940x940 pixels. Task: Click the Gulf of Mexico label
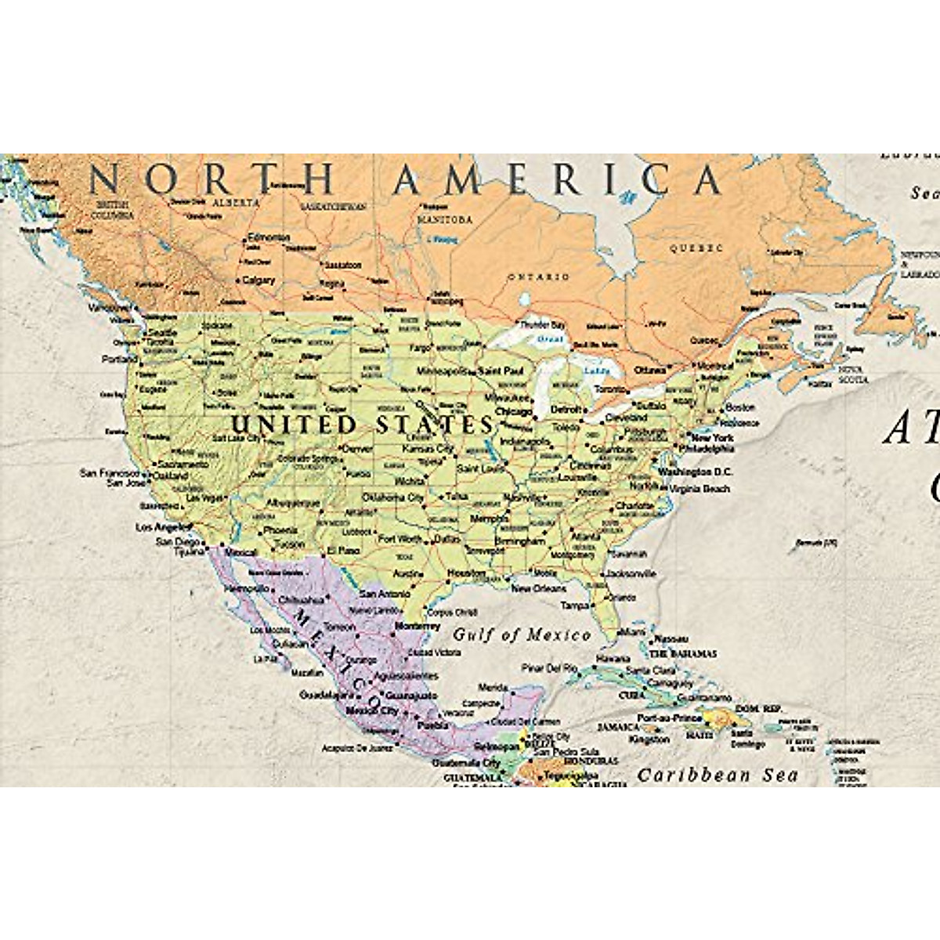pyautogui.click(x=522, y=634)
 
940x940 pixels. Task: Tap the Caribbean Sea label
pyautogui.click(x=717, y=775)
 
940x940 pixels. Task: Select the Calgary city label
pyautogui.click(x=258, y=280)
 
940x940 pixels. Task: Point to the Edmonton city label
pyautogui.click(x=268, y=237)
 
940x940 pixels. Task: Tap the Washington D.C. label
pyautogui.click(x=695, y=472)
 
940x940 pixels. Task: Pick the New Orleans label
pyautogui.click(x=538, y=588)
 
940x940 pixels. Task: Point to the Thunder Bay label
pyautogui.click(x=544, y=324)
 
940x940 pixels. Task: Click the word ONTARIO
pyautogui.click(x=539, y=277)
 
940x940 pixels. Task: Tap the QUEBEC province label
pyautogui.click(x=696, y=248)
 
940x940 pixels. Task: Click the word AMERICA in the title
pyautogui.click(x=557, y=180)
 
